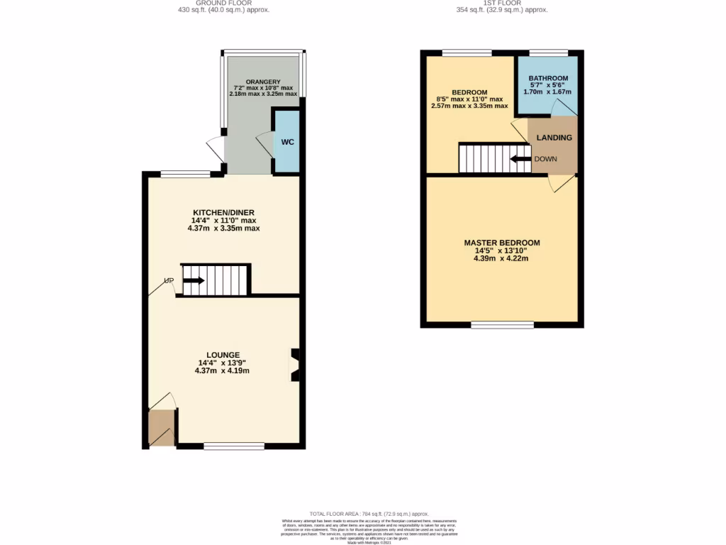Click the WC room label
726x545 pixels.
point(287,142)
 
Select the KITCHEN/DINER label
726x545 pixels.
point(223,213)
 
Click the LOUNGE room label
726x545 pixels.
point(223,355)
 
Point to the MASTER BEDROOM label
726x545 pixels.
point(501,243)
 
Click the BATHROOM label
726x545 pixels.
point(548,78)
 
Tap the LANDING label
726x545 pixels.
point(554,137)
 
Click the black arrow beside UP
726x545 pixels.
point(194,281)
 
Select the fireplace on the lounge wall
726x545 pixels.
point(295,365)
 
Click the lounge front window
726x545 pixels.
point(234,446)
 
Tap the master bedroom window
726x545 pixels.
point(502,325)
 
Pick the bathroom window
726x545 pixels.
point(548,52)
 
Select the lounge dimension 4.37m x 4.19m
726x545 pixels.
point(223,370)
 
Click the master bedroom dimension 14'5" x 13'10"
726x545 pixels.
point(501,251)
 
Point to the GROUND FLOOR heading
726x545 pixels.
point(223,3)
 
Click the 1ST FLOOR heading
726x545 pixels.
point(501,3)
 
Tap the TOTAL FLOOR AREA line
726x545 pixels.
point(369,514)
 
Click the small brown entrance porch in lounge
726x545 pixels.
point(162,428)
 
